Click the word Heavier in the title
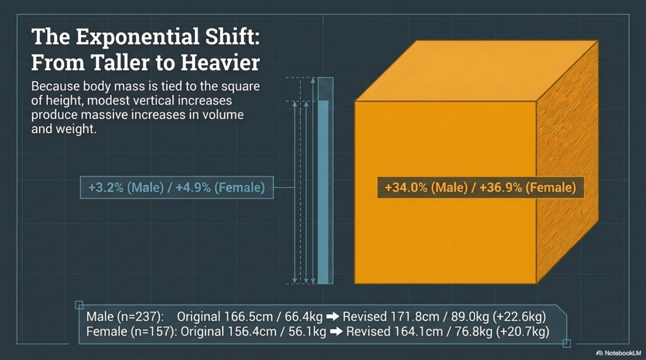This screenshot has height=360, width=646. tap(220, 62)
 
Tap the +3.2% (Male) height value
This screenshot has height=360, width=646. tap(126, 188)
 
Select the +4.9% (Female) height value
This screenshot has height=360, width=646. tap(220, 188)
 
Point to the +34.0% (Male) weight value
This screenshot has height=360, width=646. tap(426, 188)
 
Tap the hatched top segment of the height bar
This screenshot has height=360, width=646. tap(326, 90)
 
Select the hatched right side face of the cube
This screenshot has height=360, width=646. tap(567, 161)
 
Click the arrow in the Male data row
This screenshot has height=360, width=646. tap(332, 316)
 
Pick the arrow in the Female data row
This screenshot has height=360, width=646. tap(336, 332)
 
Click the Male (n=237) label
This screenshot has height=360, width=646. tap(125, 316)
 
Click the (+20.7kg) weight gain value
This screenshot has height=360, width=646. tap(522, 332)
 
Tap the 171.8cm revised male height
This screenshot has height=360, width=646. tap(408, 316)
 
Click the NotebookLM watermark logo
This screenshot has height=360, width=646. tap(599, 354)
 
